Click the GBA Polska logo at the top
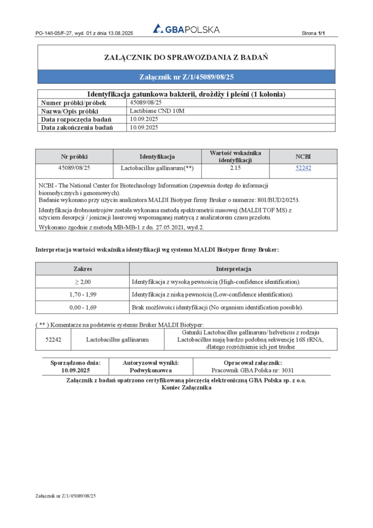point(186,29)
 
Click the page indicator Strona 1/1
point(313,34)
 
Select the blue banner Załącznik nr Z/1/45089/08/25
point(186,77)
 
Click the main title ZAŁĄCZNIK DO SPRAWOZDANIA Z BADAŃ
point(186,57)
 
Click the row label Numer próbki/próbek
point(74,103)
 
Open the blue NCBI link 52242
point(303,168)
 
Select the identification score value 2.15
point(235,168)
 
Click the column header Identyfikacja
point(157,156)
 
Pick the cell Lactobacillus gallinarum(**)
point(157,168)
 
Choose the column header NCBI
point(303,156)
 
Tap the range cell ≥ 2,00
point(82,282)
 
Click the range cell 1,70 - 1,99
point(82,294)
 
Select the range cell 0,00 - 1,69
point(82,307)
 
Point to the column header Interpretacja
point(233,269)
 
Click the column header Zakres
point(82,269)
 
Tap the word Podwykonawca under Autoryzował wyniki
point(150,370)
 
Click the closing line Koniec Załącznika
point(186,388)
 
